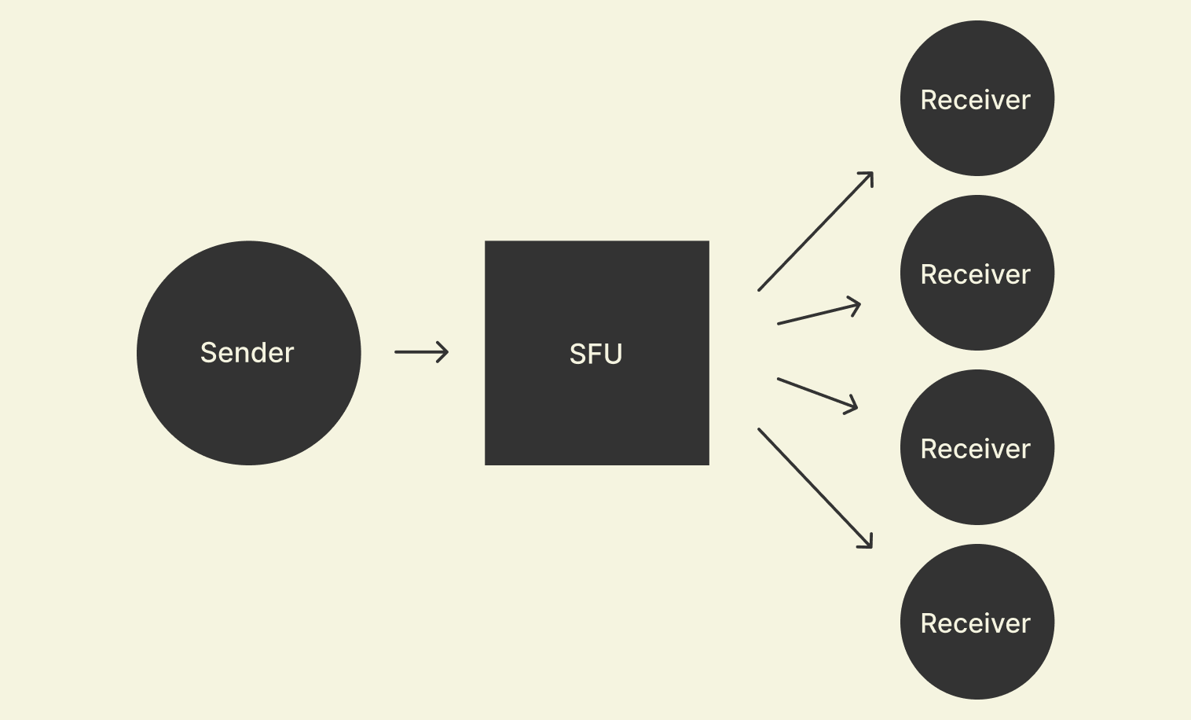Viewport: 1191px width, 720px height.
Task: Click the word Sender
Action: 247,353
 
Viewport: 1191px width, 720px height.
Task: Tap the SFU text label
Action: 595,354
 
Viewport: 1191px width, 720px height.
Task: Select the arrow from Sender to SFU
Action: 421,352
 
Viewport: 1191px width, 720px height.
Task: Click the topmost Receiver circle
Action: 977,98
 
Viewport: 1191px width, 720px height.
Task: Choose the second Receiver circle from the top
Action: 977,273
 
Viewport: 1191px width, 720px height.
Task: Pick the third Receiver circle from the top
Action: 977,447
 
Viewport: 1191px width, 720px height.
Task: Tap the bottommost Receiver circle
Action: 977,622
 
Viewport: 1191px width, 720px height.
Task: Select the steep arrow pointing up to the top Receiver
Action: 815,232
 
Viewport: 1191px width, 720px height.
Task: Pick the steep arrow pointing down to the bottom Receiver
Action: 815,488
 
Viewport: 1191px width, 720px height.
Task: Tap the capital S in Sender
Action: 208,353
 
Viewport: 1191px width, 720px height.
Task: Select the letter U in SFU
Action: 613,354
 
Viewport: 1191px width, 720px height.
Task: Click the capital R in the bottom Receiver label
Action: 929,623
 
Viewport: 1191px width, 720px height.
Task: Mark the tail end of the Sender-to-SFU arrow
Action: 397,352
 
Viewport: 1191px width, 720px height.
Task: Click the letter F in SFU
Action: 595,354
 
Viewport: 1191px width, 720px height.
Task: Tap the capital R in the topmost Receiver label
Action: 929,100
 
